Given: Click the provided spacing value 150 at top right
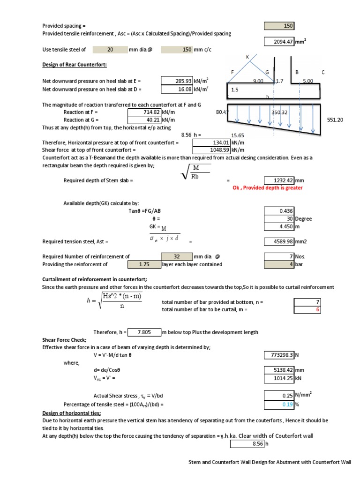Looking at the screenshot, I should click(279, 26).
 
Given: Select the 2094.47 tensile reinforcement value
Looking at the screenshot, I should click(279, 42).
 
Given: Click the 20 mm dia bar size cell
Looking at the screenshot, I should click(110, 49).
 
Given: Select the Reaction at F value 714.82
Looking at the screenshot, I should click(144, 112).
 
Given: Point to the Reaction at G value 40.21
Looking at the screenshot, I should click(144, 120).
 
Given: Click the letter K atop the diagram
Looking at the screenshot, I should click(247, 57).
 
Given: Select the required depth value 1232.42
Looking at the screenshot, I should click(279, 180).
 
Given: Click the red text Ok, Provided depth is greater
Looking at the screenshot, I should click(268, 187).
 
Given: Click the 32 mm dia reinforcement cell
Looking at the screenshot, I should click(176, 256).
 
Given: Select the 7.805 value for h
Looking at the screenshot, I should click(144, 332).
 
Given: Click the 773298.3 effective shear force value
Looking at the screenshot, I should click(279, 355).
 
